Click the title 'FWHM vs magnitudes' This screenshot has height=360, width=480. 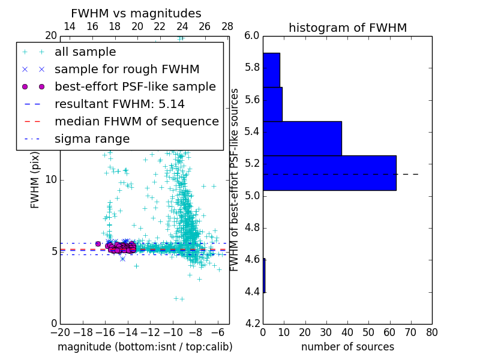(x=136, y=13)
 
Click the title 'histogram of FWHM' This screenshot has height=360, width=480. (x=347, y=28)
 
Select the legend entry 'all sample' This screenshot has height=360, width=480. (x=85, y=52)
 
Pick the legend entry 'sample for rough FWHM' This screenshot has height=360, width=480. (x=127, y=69)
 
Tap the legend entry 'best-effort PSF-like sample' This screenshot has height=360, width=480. (x=135, y=86)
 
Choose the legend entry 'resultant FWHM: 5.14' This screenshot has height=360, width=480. (x=119, y=104)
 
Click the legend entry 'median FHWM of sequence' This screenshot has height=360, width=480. (x=136, y=121)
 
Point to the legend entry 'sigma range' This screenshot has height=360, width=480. (x=92, y=139)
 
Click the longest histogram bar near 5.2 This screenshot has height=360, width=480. (x=329, y=173)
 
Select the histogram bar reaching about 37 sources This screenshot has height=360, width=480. (x=302, y=139)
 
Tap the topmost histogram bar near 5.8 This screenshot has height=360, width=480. (x=271, y=70)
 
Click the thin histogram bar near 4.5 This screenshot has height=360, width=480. (x=264, y=275)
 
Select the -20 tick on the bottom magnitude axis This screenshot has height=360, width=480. (x=60, y=332)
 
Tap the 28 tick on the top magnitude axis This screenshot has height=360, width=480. (x=227, y=26)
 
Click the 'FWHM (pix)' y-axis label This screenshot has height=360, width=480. (x=35, y=180)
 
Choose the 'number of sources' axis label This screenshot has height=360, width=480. (x=347, y=347)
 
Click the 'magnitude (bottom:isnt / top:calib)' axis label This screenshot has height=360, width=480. (x=145, y=347)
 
